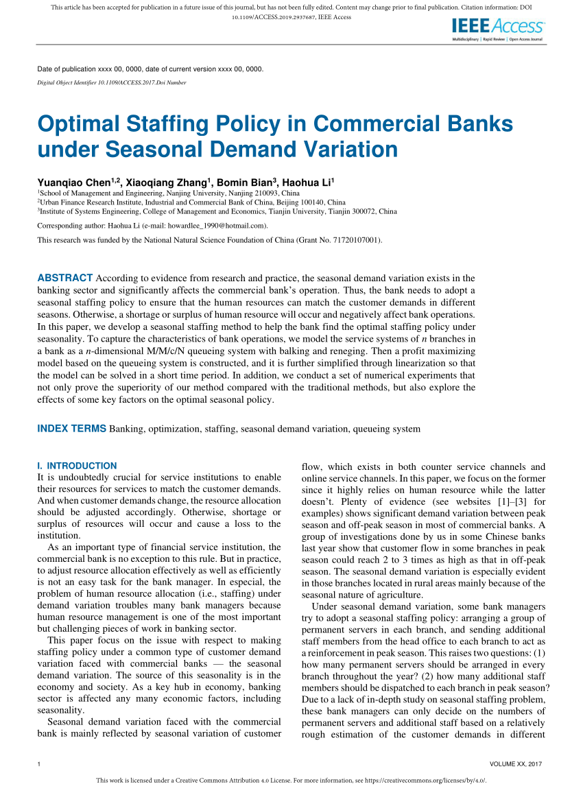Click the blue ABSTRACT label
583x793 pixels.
coord(64,278)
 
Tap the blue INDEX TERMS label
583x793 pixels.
coord(71,429)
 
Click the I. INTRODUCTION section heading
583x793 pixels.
coord(77,465)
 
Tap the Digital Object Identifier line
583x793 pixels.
coord(111,82)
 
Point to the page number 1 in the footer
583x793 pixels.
coord(38,764)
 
